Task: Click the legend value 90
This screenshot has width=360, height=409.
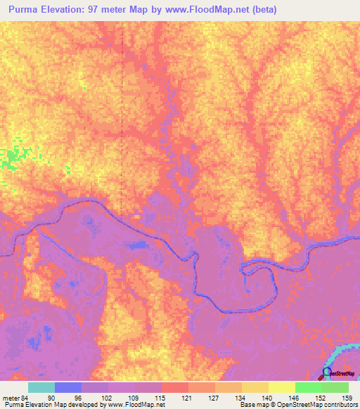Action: click(x=51, y=398)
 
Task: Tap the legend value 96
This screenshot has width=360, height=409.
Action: click(x=78, y=398)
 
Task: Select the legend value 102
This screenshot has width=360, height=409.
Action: click(x=105, y=398)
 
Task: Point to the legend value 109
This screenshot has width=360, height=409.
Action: click(x=131, y=398)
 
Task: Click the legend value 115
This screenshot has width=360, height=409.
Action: click(x=158, y=398)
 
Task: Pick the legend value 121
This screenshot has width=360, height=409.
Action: click(x=186, y=398)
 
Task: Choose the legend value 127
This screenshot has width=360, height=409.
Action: click(x=212, y=398)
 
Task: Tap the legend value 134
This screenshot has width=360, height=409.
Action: click(x=239, y=398)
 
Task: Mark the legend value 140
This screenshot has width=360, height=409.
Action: click(x=266, y=398)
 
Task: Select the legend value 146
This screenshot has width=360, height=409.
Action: click(x=292, y=398)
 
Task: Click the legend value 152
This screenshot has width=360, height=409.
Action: click(x=319, y=398)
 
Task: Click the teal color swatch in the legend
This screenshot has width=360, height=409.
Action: click(x=41, y=387)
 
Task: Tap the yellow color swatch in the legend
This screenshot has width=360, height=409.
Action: click(x=282, y=387)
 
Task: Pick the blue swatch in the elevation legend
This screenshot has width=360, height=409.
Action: click(x=68, y=387)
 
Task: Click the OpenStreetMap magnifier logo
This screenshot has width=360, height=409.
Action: click(x=326, y=373)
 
